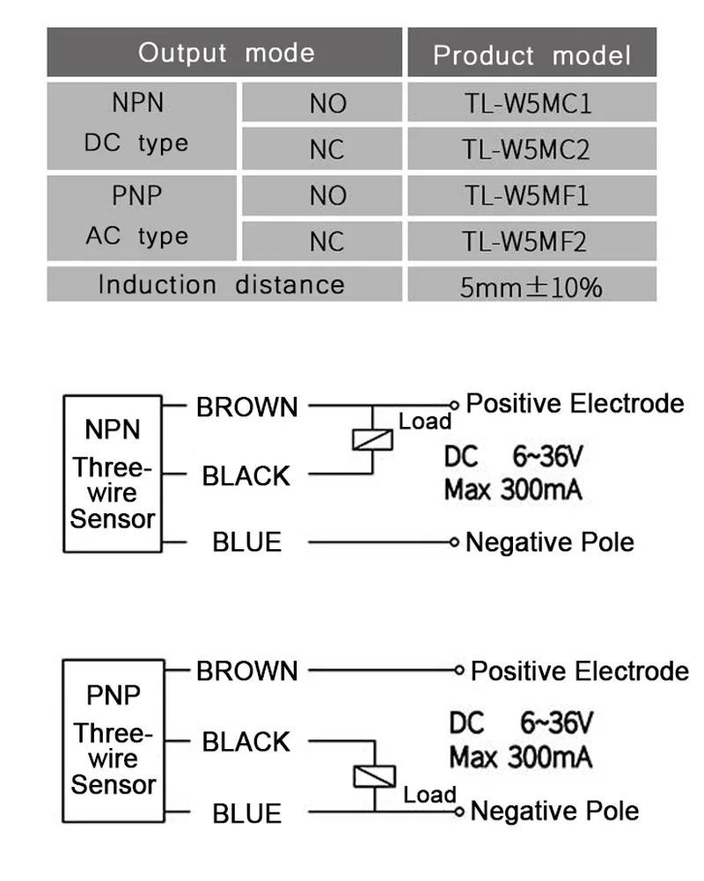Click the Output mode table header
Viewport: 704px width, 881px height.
[x=225, y=53]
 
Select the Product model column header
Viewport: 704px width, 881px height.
[x=532, y=55]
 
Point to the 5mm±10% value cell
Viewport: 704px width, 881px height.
[x=531, y=286]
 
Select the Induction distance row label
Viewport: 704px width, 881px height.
[x=221, y=285]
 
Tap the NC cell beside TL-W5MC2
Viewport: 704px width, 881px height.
[x=326, y=149]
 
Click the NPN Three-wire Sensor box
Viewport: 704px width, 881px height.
[x=112, y=474]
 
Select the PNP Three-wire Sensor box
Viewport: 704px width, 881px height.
[x=114, y=740]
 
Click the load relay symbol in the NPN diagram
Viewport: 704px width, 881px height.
[x=373, y=437]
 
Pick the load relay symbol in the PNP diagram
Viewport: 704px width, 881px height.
[x=374, y=775]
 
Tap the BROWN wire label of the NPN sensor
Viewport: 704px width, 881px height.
[x=247, y=407]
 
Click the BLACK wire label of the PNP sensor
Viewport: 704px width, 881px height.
[x=246, y=742]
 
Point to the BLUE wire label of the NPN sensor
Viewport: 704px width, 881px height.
[x=246, y=542]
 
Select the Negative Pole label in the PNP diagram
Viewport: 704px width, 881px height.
[x=554, y=811]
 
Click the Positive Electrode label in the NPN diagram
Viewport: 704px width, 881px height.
[x=575, y=404]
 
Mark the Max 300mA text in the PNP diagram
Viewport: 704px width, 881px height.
[x=520, y=757]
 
